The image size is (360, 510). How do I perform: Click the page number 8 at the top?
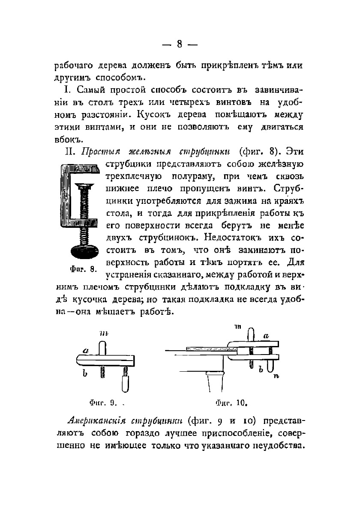tap(180, 44)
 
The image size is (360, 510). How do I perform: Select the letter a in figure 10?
tap(266, 337)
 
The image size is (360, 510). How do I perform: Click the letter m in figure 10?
tap(238, 327)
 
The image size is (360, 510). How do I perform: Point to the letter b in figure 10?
tap(260, 369)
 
